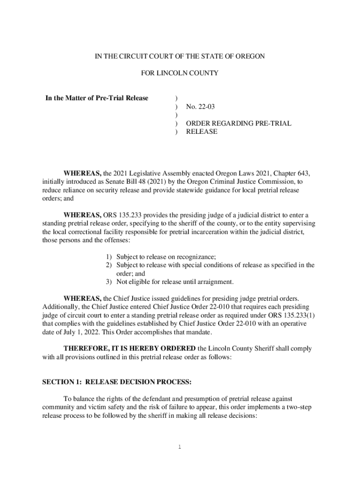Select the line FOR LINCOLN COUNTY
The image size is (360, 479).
[180, 73]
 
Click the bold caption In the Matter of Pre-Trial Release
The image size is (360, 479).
[97, 98]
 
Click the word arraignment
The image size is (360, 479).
[214, 282]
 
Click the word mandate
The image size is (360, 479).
[199, 333]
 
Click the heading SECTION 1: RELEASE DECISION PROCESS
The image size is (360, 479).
[117, 382]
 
